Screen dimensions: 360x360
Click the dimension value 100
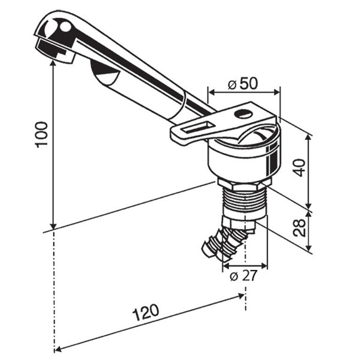41,134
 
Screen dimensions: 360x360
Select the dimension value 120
146,312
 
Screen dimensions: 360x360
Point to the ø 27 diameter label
244,276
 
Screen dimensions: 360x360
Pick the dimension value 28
301,226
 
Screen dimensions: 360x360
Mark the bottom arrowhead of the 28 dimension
309,250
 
